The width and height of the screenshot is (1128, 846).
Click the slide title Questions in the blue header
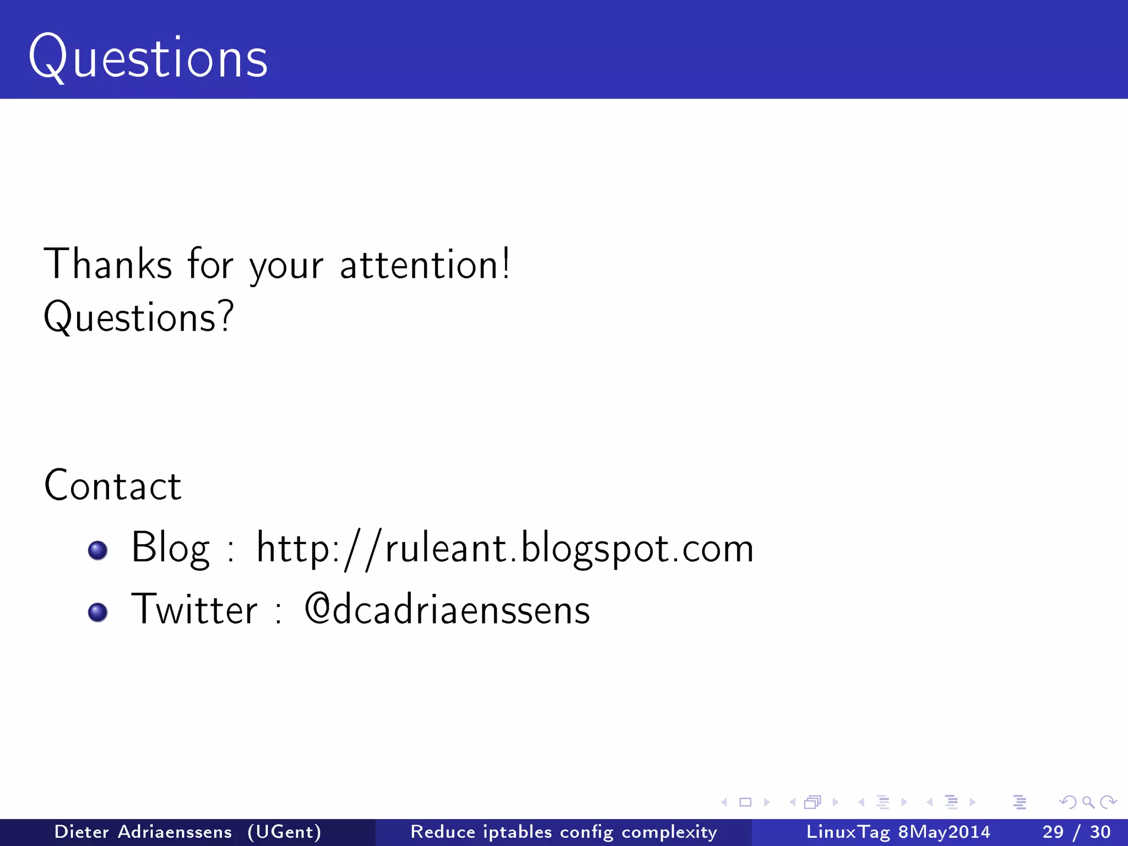point(148,57)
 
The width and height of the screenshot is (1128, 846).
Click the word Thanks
point(108,264)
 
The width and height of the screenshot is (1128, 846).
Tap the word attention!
point(425,264)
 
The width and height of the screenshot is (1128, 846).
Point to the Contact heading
point(113,485)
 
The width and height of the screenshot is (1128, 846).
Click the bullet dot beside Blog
point(98,550)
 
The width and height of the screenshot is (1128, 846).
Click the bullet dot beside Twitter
point(98,612)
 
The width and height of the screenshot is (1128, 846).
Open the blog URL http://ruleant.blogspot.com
point(505,549)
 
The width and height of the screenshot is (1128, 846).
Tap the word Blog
point(170,548)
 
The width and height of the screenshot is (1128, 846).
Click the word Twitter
point(194,609)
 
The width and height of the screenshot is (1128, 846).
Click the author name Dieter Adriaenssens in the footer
point(143,832)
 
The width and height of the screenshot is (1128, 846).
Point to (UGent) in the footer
point(284,832)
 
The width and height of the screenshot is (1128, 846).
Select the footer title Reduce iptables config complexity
point(563,832)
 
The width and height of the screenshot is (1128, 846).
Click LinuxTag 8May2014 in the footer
point(898,832)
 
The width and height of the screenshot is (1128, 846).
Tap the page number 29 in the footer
point(1053,832)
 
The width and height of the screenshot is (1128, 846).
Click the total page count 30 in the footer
point(1100,832)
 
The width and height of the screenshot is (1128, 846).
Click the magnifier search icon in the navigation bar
point(1088,802)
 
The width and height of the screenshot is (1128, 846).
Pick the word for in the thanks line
point(210,264)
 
